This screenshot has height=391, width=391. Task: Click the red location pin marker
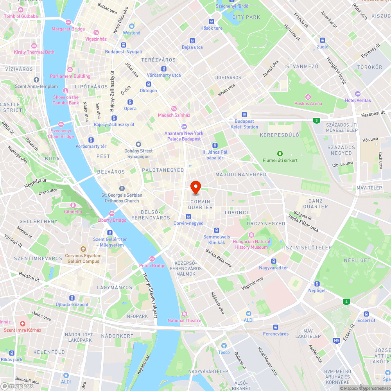pyautogui.click(x=195, y=187)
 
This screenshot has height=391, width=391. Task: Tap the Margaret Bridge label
pyautogui.click(x=68, y=29)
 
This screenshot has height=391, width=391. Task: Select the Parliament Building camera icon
pyautogui.click(x=70, y=70)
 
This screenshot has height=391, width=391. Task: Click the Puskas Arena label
pyautogui.click(x=308, y=103)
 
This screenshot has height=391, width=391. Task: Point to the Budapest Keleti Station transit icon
pyautogui.click(x=244, y=115)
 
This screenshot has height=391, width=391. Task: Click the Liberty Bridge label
pyautogui.click(x=112, y=220)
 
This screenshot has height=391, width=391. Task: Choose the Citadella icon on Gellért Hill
pyautogui.click(x=73, y=205)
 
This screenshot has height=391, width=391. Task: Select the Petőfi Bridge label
pyautogui.click(x=152, y=265)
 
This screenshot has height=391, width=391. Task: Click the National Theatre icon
pyautogui.click(x=185, y=314)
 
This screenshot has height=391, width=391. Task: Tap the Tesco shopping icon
pyautogui.click(x=224, y=346)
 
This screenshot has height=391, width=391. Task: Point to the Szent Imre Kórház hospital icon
pyautogui.click(x=22, y=324)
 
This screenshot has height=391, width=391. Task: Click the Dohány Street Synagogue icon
pyautogui.click(x=138, y=144)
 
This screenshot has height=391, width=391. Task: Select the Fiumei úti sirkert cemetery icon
pyautogui.click(x=280, y=154)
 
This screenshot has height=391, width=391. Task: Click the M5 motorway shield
pyautogui.click(x=337, y=341)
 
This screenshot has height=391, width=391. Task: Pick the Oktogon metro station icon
pyautogui.click(x=148, y=84)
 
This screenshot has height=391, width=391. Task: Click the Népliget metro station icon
pyautogui.click(x=317, y=284)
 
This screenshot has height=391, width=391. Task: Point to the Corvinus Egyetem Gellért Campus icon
pyautogui.click(x=83, y=249)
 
